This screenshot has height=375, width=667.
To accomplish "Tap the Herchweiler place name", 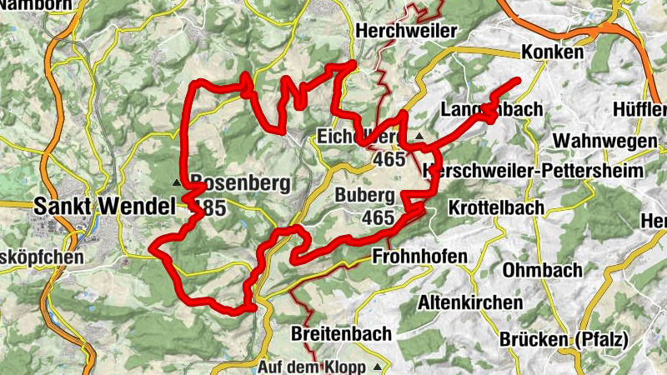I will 406,31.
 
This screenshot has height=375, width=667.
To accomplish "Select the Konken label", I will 552,52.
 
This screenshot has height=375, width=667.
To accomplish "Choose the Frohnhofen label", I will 420,256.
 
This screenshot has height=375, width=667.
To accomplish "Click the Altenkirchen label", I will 471,302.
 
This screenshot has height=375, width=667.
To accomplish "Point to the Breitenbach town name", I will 342,334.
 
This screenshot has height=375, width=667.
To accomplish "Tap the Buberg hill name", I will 364,196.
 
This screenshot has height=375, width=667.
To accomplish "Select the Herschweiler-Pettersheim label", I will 534,170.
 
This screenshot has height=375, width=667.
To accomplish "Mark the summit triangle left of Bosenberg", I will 177,182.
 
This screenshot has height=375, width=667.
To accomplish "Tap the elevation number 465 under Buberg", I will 378,217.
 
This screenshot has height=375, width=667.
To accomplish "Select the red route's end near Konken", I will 519,80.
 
